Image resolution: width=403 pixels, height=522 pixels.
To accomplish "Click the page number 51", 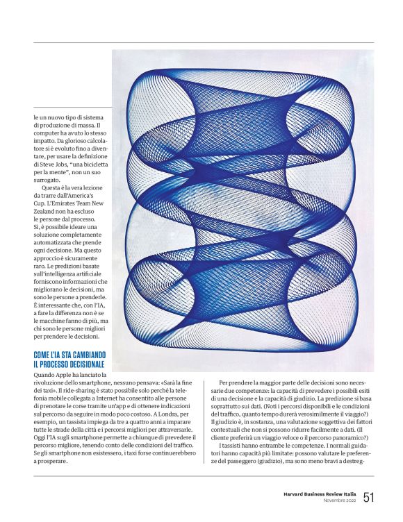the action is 368,496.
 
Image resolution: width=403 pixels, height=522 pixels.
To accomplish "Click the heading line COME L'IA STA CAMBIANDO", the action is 69,355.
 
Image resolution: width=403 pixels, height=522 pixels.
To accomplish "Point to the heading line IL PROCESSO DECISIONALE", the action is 69,364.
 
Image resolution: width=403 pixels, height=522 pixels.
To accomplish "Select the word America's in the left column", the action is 86,196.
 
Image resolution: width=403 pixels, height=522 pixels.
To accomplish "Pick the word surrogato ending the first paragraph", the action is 48,180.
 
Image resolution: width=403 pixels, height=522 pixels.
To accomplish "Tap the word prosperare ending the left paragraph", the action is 53,461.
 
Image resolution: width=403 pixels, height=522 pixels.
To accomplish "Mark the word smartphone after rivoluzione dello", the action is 102,383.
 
